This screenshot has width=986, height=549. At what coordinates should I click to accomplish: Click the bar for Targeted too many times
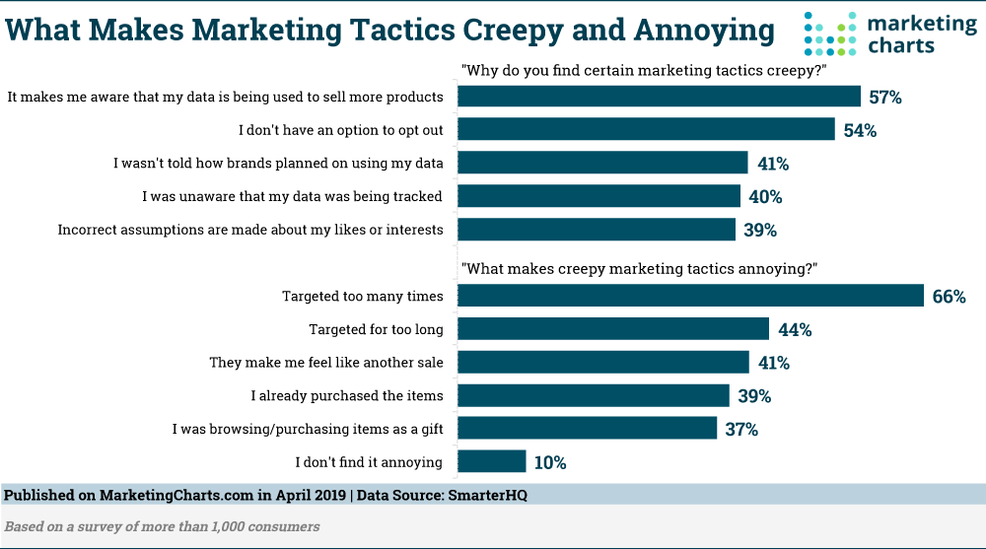pos(690,296)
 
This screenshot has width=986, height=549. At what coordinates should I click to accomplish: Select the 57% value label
pos(885,97)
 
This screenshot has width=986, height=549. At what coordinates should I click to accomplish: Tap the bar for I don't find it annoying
pos(492,462)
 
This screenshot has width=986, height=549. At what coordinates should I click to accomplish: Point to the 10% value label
pos(550,462)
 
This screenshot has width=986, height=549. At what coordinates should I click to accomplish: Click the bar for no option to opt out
pos(647,129)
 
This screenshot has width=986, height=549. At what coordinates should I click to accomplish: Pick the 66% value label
pos(949,296)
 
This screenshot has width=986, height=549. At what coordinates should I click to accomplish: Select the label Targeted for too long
pos(376,329)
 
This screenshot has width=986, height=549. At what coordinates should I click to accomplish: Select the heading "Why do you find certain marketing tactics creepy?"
pos(644,70)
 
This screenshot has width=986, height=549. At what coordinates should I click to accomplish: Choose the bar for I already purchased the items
pos(594,395)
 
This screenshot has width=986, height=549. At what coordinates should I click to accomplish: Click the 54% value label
pos(859,130)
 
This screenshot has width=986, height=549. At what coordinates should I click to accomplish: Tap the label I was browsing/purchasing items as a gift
pos(308,429)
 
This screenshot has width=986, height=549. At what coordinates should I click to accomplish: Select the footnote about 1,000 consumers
pos(163,526)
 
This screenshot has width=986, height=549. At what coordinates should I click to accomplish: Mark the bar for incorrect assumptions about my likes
pos(598,230)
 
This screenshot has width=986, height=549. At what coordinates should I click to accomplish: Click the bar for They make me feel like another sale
pos(603,362)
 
